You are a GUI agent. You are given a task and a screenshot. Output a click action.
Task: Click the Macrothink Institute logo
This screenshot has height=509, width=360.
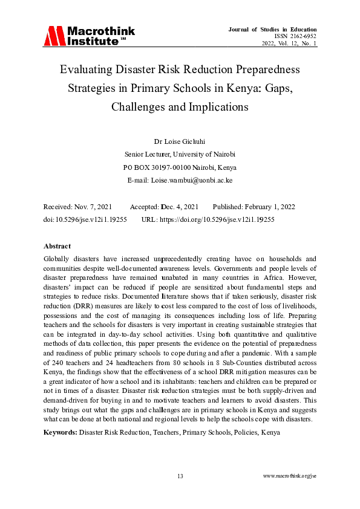pos(89,36)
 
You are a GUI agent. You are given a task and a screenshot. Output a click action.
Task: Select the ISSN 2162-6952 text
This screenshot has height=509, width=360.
pos(295,36)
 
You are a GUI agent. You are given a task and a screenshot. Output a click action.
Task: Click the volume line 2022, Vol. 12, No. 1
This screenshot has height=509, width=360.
pos(289,44)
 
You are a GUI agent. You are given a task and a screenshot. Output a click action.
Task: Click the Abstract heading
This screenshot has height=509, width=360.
pos(57,247)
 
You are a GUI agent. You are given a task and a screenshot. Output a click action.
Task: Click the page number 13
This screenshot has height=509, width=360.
pos(180,476)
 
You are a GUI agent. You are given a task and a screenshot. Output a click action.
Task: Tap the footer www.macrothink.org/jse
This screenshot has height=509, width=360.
pos(290,476)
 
